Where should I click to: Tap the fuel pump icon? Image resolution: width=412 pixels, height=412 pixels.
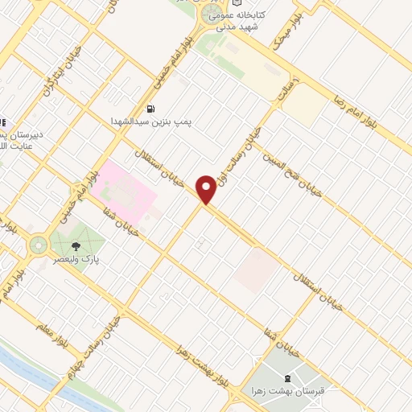click(x=150, y=109)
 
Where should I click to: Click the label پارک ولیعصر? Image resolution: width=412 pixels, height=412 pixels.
click(x=78, y=260)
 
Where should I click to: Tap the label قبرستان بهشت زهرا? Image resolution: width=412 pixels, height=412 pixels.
click(x=288, y=391)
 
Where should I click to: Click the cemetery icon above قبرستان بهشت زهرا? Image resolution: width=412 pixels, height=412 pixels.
click(x=288, y=378)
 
